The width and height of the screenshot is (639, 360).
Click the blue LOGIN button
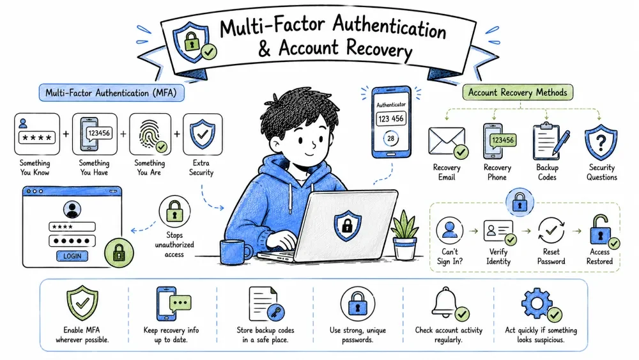(x=72, y=256)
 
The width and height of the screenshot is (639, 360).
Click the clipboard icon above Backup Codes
(x=546, y=141)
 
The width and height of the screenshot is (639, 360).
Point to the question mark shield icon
(x=601, y=143)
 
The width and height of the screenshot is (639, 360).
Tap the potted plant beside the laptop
(x=404, y=236)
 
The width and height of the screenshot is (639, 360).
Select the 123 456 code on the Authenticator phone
(x=391, y=119)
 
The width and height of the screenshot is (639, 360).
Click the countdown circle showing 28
(x=391, y=139)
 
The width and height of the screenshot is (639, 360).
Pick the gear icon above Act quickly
(x=537, y=303)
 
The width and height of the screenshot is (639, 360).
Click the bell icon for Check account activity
(x=445, y=302)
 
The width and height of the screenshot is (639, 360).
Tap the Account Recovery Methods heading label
(x=518, y=92)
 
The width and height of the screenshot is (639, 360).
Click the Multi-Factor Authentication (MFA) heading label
(x=111, y=93)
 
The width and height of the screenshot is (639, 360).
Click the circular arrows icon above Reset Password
(x=551, y=230)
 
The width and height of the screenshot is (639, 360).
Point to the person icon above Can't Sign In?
(x=449, y=230)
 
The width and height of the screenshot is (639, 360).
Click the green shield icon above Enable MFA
(x=82, y=302)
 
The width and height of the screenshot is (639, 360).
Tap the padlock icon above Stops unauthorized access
(x=174, y=211)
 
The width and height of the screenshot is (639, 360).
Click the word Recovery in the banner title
(x=378, y=49)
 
